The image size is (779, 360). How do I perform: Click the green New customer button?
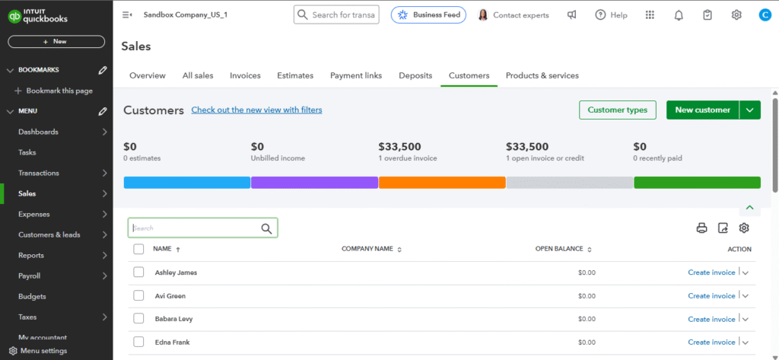click(x=702, y=110)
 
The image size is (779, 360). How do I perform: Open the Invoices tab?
click(x=245, y=76)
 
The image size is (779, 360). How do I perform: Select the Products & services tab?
click(x=542, y=76)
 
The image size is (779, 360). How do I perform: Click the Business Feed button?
click(x=428, y=14)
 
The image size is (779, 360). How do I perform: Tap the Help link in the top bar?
click(x=611, y=14)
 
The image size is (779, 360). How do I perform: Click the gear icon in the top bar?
click(x=736, y=14)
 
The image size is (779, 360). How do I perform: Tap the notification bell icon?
click(x=679, y=14)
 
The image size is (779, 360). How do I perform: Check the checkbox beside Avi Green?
click(x=138, y=295)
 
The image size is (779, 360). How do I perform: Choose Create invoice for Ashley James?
click(x=711, y=272)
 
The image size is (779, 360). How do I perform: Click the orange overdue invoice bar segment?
click(x=442, y=183)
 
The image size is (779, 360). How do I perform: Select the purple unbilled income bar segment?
click(x=314, y=183)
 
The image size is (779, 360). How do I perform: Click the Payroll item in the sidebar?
click(x=30, y=276)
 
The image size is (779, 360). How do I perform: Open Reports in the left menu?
click(x=30, y=255)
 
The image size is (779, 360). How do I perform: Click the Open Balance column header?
click(x=559, y=249)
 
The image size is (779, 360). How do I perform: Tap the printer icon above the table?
click(x=701, y=228)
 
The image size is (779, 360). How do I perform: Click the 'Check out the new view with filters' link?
click(x=256, y=110)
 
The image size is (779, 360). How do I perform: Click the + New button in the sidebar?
click(x=56, y=41)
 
